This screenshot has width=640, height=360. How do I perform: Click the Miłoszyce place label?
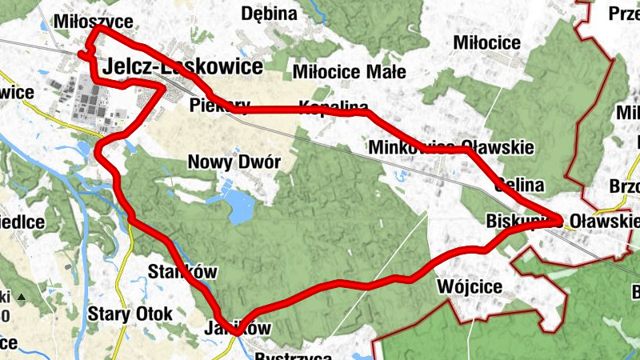click(93, 22)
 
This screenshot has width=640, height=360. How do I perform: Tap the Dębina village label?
click(269, 14)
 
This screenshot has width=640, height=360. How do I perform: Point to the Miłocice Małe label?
click(350, 71)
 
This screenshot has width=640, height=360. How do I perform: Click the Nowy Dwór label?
click(234, 162)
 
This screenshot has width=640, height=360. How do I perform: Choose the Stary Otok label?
click(130, 314)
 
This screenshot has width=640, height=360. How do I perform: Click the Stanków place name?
click(183, 271)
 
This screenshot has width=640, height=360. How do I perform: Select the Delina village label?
click(519, 185)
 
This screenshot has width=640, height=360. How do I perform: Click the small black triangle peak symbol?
click(22, 298)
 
